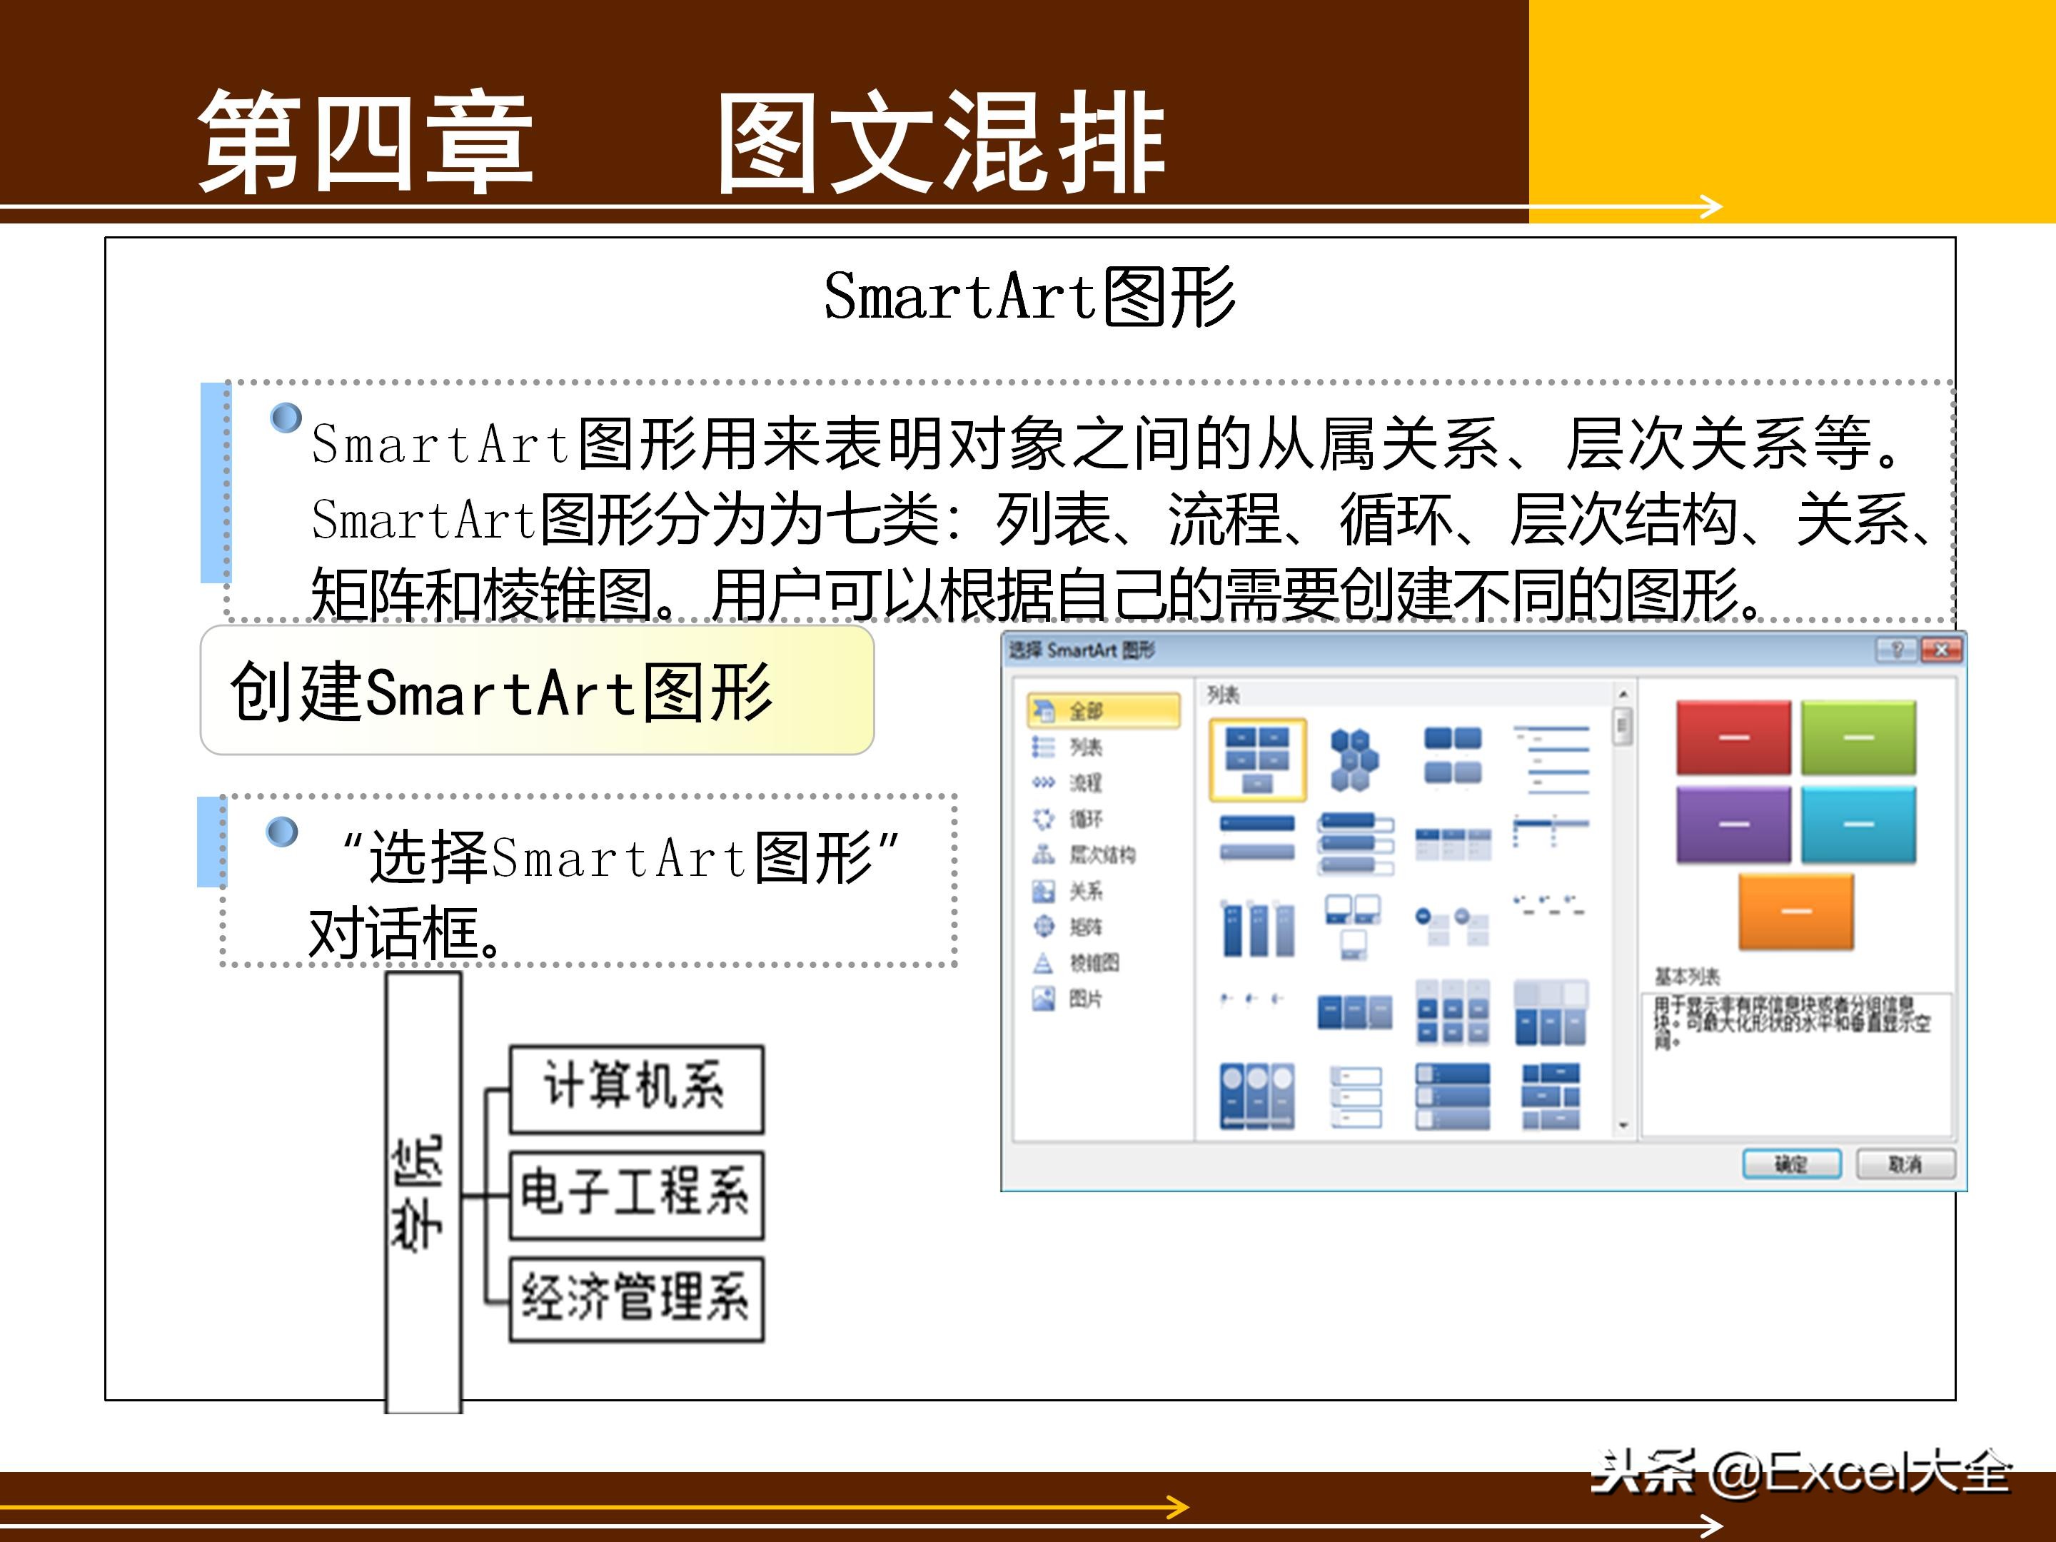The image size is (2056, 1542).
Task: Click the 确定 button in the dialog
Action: click(1791, 1164)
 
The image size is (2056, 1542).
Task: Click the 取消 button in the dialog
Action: click(1905, 1164)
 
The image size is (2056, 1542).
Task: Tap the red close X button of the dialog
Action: click(1941, 650)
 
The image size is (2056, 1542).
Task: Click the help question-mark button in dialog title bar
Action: click(1896, 650)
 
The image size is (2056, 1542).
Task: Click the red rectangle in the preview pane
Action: click(1733, 737)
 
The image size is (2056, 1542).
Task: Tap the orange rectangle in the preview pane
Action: click(1795, 911)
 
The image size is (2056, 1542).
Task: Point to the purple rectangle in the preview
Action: click(1733, 825)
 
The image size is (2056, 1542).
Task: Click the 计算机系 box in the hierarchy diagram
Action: click(636, 1087)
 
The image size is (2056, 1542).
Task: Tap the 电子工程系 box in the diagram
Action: click(636, 1194)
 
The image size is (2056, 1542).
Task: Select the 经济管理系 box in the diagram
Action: click(636, 1299)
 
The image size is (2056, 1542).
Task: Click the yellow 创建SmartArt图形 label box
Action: click(536, 690)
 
